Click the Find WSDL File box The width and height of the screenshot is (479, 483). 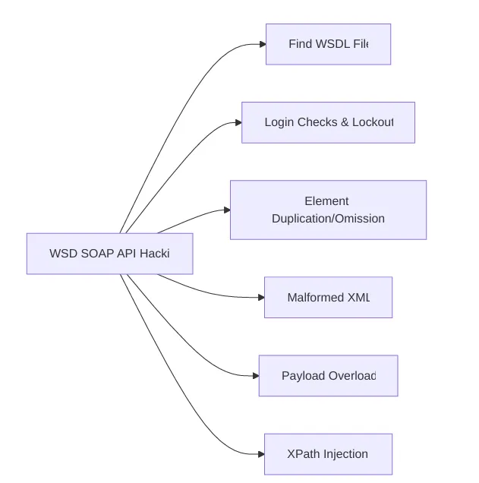[x=328, y=44]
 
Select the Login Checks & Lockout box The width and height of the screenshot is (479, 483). [x=328, y=122]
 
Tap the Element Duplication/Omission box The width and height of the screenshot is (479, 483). [x=328, y=210]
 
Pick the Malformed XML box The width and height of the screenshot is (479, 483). [x=328, y=297]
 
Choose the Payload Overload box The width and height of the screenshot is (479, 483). [x=328, y=375]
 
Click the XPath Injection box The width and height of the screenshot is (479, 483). [x=328, y=454]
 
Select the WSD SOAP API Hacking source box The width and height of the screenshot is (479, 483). [x=109, y=254]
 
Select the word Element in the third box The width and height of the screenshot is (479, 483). [x=326, y=201]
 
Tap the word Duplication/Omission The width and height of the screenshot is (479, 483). [x=328, y=219]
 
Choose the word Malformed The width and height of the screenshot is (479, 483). [x=315, y=297]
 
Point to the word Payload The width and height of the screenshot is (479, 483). [x=304, y=375]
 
